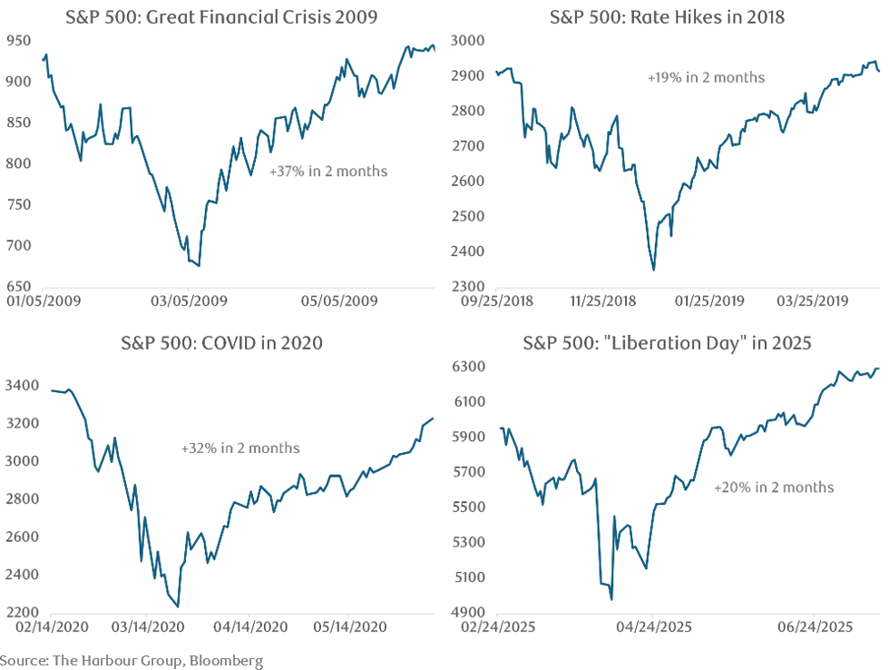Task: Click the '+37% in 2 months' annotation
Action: (x=328, y=171)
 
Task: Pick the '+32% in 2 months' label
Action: (x=240, y=448)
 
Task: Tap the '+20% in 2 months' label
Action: (x=774, y=487)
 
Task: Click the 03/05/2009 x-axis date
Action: (x=188, y=299)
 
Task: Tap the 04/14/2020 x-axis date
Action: (x=251, y=626)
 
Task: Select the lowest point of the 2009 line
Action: (x=200, y=266)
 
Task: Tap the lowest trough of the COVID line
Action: (x=178, y=607)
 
